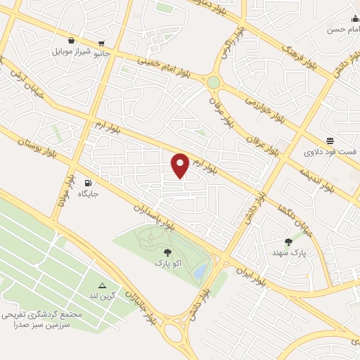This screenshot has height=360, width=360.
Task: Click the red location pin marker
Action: click(180, 165)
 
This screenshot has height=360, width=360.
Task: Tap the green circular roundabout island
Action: click(213, 82)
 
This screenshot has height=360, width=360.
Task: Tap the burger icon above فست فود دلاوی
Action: click(330, 140)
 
